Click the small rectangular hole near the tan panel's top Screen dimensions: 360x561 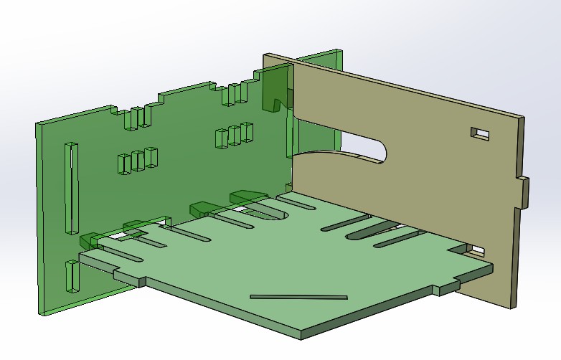[x=479, y=133]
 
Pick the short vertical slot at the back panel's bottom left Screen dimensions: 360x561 [x=71, y=276]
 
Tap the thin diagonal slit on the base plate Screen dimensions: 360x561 [x=298, y=296]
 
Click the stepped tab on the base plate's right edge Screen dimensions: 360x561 [x=448, y=287]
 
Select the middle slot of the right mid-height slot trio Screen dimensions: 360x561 [x=234, y=135]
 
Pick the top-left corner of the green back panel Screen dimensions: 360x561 [x=37, y=124]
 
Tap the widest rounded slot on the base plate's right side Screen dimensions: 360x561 [x=369, y=230]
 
